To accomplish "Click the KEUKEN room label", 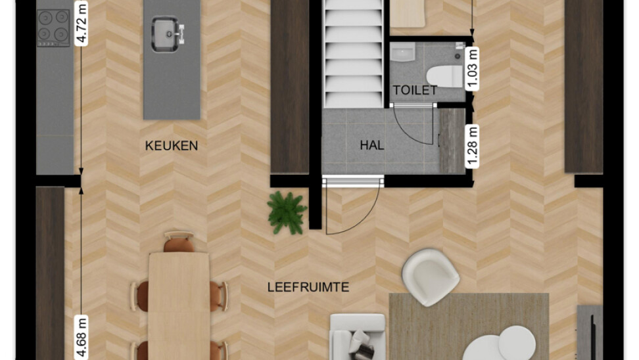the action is click(x=172, y=146).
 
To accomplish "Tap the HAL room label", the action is click(x=372, y=145).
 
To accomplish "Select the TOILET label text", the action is click(x=415, y=91).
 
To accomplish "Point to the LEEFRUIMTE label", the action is click(x=308, y=287).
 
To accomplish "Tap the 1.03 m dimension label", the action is click(x=472, y=68).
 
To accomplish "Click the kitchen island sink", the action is click(x=164, y=34).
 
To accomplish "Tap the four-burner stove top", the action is click(x=53, y=28).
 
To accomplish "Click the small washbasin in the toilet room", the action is click(x=402, y=52).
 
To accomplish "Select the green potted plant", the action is click(x=287, y=213).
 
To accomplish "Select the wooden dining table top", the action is click(x=179, y=306).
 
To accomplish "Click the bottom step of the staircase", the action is click(x=353, y=100).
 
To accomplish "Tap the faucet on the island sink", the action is click(x=181, y=34).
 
